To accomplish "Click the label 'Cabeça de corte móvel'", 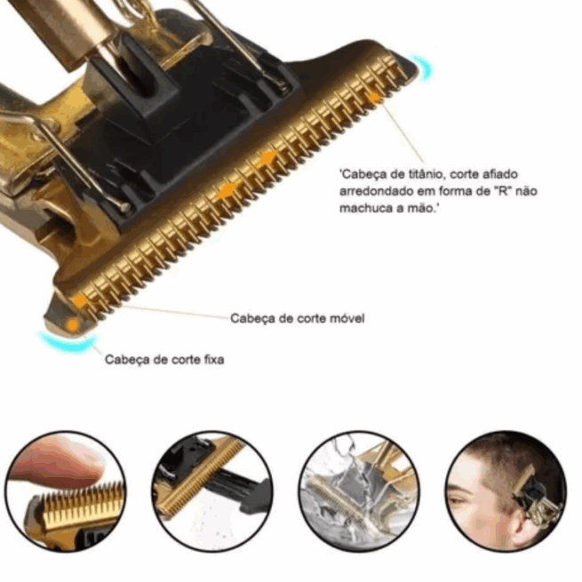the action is (298, 318).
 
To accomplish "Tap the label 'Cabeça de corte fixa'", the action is (164, 359).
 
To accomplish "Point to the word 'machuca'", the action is (367, 208).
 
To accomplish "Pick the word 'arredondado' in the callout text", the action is (376, 192).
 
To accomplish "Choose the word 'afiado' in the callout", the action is (499, 173).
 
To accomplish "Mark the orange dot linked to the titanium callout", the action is (374, 97).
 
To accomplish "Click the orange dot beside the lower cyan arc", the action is (73, 325).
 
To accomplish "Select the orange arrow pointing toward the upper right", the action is (268, 157).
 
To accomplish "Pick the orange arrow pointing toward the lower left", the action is (227, 190).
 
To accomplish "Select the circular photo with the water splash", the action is (359, 490).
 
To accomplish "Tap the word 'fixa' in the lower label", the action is (214, 359).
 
